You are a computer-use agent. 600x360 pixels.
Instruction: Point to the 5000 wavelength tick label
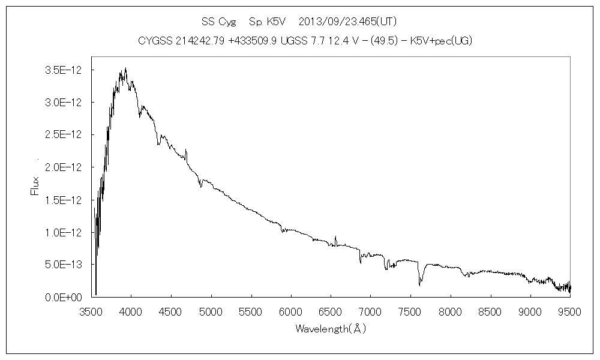point(211,311)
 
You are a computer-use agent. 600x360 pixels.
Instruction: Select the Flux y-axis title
point(35,185)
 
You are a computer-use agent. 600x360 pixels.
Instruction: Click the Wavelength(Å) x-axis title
point(330,329)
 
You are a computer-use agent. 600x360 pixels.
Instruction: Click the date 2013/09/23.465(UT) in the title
point(347,22)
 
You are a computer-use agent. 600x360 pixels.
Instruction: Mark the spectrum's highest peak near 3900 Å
point(125,68)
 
